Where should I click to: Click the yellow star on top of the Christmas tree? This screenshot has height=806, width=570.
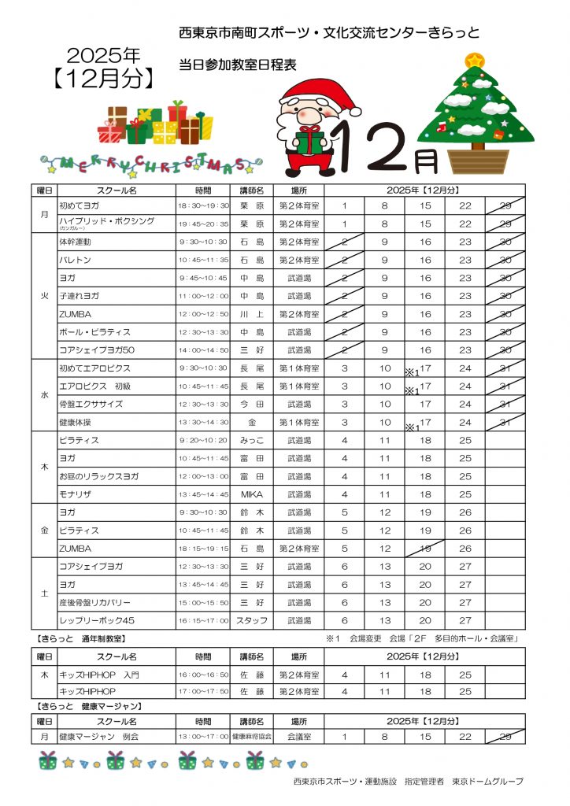click(x=474, y=60)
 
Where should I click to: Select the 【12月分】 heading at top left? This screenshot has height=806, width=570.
click(x=104, y=79)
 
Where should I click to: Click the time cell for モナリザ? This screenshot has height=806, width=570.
click(x=202, y=494)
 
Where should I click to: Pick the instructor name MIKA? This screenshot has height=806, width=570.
click(x=251, y=494)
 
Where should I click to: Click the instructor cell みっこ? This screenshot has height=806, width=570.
click(x=251, y=440)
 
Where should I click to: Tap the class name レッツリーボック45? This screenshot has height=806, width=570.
click(x=96, y=620)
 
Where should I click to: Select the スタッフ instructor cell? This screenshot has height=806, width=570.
click(x=251, y=620)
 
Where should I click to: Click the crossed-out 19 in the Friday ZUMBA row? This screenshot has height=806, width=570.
click(x=425, y=549)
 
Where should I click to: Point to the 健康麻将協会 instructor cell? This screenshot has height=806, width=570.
click(x=251, y=737)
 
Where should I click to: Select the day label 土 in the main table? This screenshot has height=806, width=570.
click(x=45, y=593)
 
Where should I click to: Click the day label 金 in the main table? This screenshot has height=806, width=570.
click(x=45, y=531)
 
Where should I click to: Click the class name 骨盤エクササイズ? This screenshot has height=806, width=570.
click(x=91, y=404)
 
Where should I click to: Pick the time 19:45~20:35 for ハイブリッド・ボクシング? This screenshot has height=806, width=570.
click(x=202, y=224)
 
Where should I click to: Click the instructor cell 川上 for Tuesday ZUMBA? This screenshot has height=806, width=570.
click(x=251, y=314)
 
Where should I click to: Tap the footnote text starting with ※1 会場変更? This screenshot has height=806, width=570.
click(x=425, y=638)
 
